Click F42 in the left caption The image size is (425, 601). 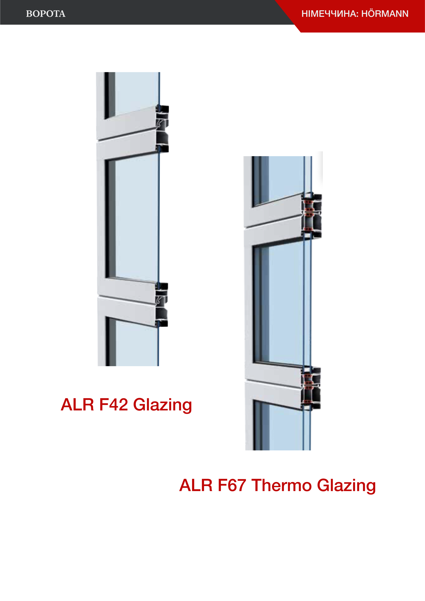(113, 405)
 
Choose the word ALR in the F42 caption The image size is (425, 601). (77, 405)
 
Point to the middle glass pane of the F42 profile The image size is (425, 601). (136, 220)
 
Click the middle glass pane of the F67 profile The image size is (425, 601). (285, 304)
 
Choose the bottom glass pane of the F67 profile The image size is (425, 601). (285, 429)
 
